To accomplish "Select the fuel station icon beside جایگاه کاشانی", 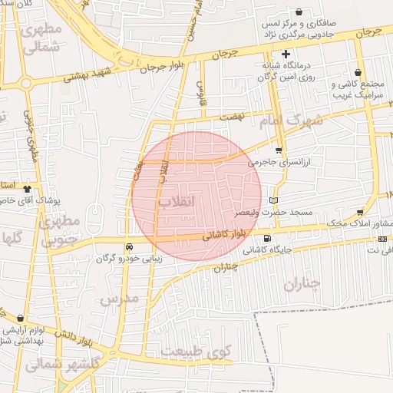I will point(267,238).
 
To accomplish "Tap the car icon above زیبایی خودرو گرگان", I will point(129,246).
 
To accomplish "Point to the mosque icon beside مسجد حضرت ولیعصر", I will point(272,200).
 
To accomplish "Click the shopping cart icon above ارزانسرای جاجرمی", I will point(278,150).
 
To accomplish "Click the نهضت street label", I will point(230,117).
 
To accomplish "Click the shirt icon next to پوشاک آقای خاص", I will point(28,187).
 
